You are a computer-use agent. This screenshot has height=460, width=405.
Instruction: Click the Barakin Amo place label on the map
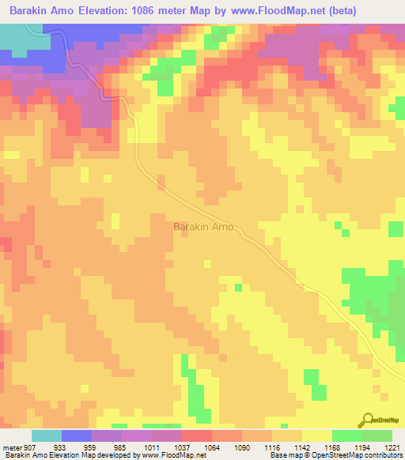coord(203,227)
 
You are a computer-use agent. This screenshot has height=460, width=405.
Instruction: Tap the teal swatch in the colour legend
coord(47,435)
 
